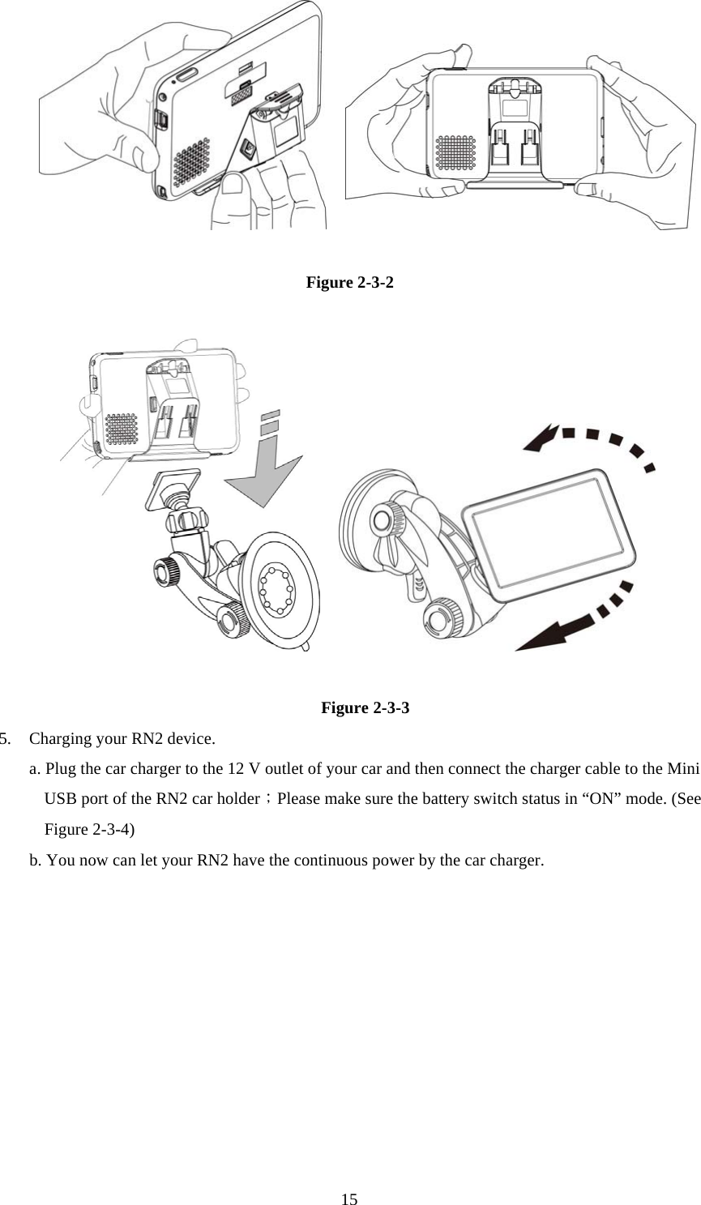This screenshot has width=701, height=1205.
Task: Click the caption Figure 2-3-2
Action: pos(350,283)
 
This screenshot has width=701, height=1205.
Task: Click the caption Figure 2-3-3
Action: pos(365,707)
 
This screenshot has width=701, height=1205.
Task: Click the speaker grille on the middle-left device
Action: pos(122,429)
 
